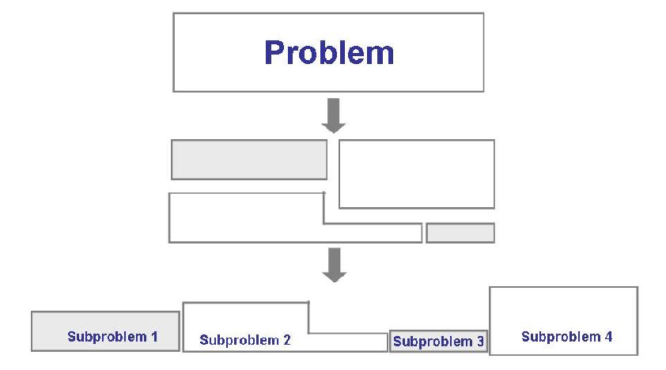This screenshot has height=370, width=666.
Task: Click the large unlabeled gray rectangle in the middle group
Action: click(x=249, y=160)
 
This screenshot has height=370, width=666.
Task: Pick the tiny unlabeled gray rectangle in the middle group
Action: click(x=460, y=233)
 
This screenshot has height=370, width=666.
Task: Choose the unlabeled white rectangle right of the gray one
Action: click(x=417, y=174)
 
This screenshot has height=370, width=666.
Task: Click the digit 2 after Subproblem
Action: click(x=286, y=341)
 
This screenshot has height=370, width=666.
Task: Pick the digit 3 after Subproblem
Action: click(x=480, y=342)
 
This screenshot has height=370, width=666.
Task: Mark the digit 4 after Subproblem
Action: click(x=607, y=337)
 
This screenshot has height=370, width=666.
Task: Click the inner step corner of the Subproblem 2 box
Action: click(x=308, y=333)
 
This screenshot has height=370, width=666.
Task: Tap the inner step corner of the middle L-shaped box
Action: click(x=324, y=223)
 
